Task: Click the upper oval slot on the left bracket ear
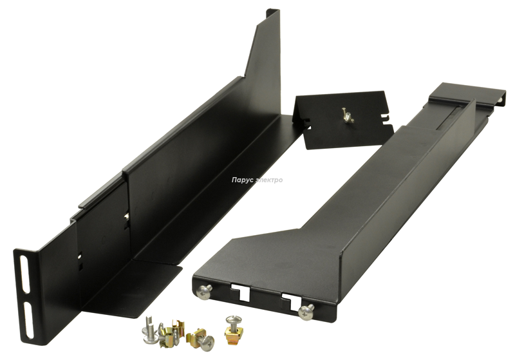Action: click(25, 274)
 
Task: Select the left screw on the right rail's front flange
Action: click(205, 290)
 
